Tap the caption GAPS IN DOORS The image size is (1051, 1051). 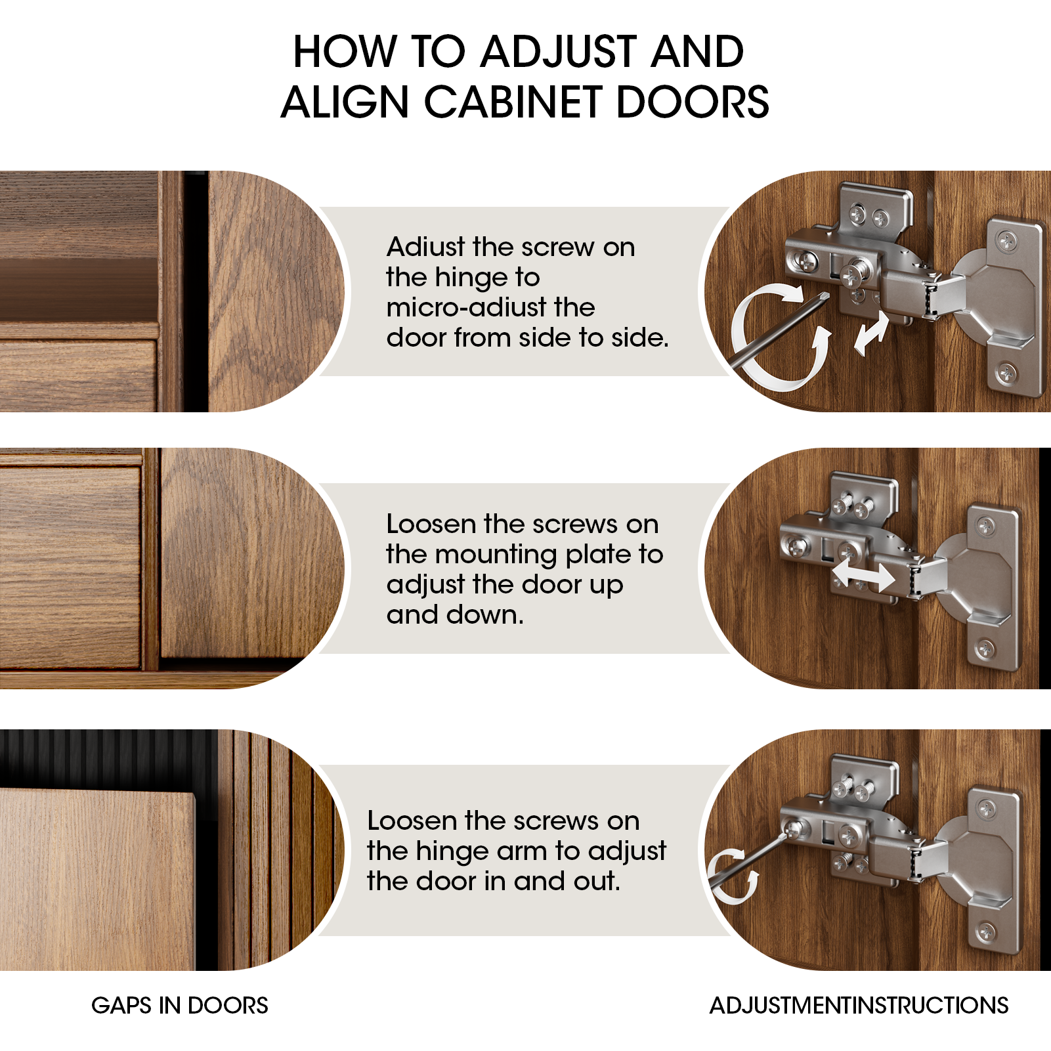click(180, 1005)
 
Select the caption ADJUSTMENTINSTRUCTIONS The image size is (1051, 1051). click(859, 1005)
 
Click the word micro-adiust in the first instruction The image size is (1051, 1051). click(490, 308)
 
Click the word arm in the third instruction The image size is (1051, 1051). click(522, 851)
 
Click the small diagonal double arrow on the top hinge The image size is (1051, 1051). click(871, 333)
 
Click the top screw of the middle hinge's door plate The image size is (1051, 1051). click(986, 525)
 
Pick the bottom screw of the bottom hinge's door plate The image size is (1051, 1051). click(987, 931)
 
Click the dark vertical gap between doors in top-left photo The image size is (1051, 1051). click(196, 291)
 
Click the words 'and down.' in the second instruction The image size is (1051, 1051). click(455, 615)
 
